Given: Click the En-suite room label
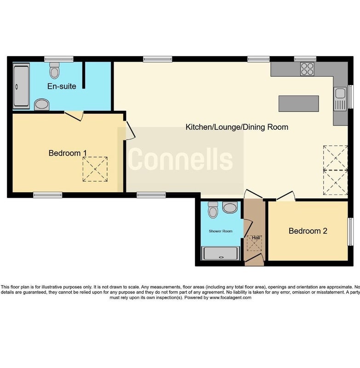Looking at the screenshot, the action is [62, 86].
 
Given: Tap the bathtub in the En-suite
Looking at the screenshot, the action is [21, 86].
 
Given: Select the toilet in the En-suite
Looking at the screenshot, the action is [54, 70].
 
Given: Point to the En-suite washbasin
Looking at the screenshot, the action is [42, 104].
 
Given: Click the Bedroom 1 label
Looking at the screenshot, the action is [68, 153].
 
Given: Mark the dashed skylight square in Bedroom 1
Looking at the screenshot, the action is [95, 169].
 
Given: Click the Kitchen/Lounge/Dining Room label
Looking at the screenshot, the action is [237, 127].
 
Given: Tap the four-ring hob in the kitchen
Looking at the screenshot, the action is [307, 69].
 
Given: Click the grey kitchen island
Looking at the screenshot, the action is [298, 103].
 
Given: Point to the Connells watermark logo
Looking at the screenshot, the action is [180, 159].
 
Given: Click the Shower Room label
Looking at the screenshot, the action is [220, 231].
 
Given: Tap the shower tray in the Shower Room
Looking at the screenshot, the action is [221, 253].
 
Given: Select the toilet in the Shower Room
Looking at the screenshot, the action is [213, 210].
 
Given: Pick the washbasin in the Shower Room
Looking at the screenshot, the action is [230, 207].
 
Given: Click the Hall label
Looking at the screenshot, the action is [256, 238].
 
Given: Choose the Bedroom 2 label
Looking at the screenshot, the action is [308, 231].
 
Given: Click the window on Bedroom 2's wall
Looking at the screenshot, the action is [350, 232].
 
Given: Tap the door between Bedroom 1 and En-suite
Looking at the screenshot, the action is [74, 116].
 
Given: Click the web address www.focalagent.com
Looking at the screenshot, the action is [230, 298].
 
